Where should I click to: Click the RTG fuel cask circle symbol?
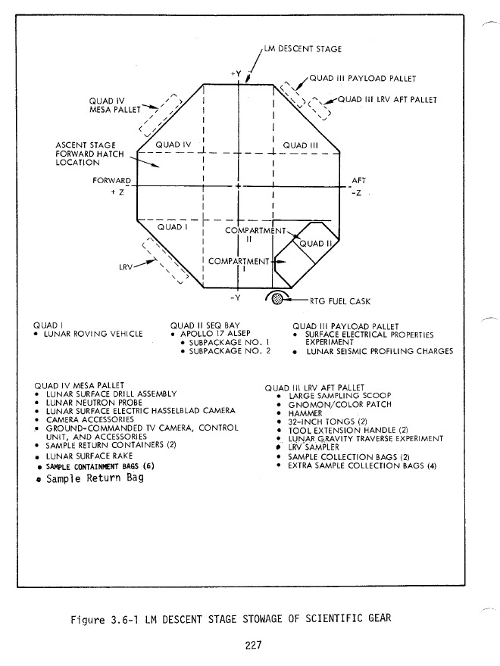(x=277, y=298)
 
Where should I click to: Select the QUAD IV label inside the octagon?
(x=176, y=143)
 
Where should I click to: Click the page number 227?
(x=254, y=644)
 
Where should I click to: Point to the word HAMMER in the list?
(x=305, y=413)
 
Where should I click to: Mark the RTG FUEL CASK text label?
(x=339, y=300)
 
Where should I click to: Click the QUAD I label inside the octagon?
(x=172, y=226)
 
